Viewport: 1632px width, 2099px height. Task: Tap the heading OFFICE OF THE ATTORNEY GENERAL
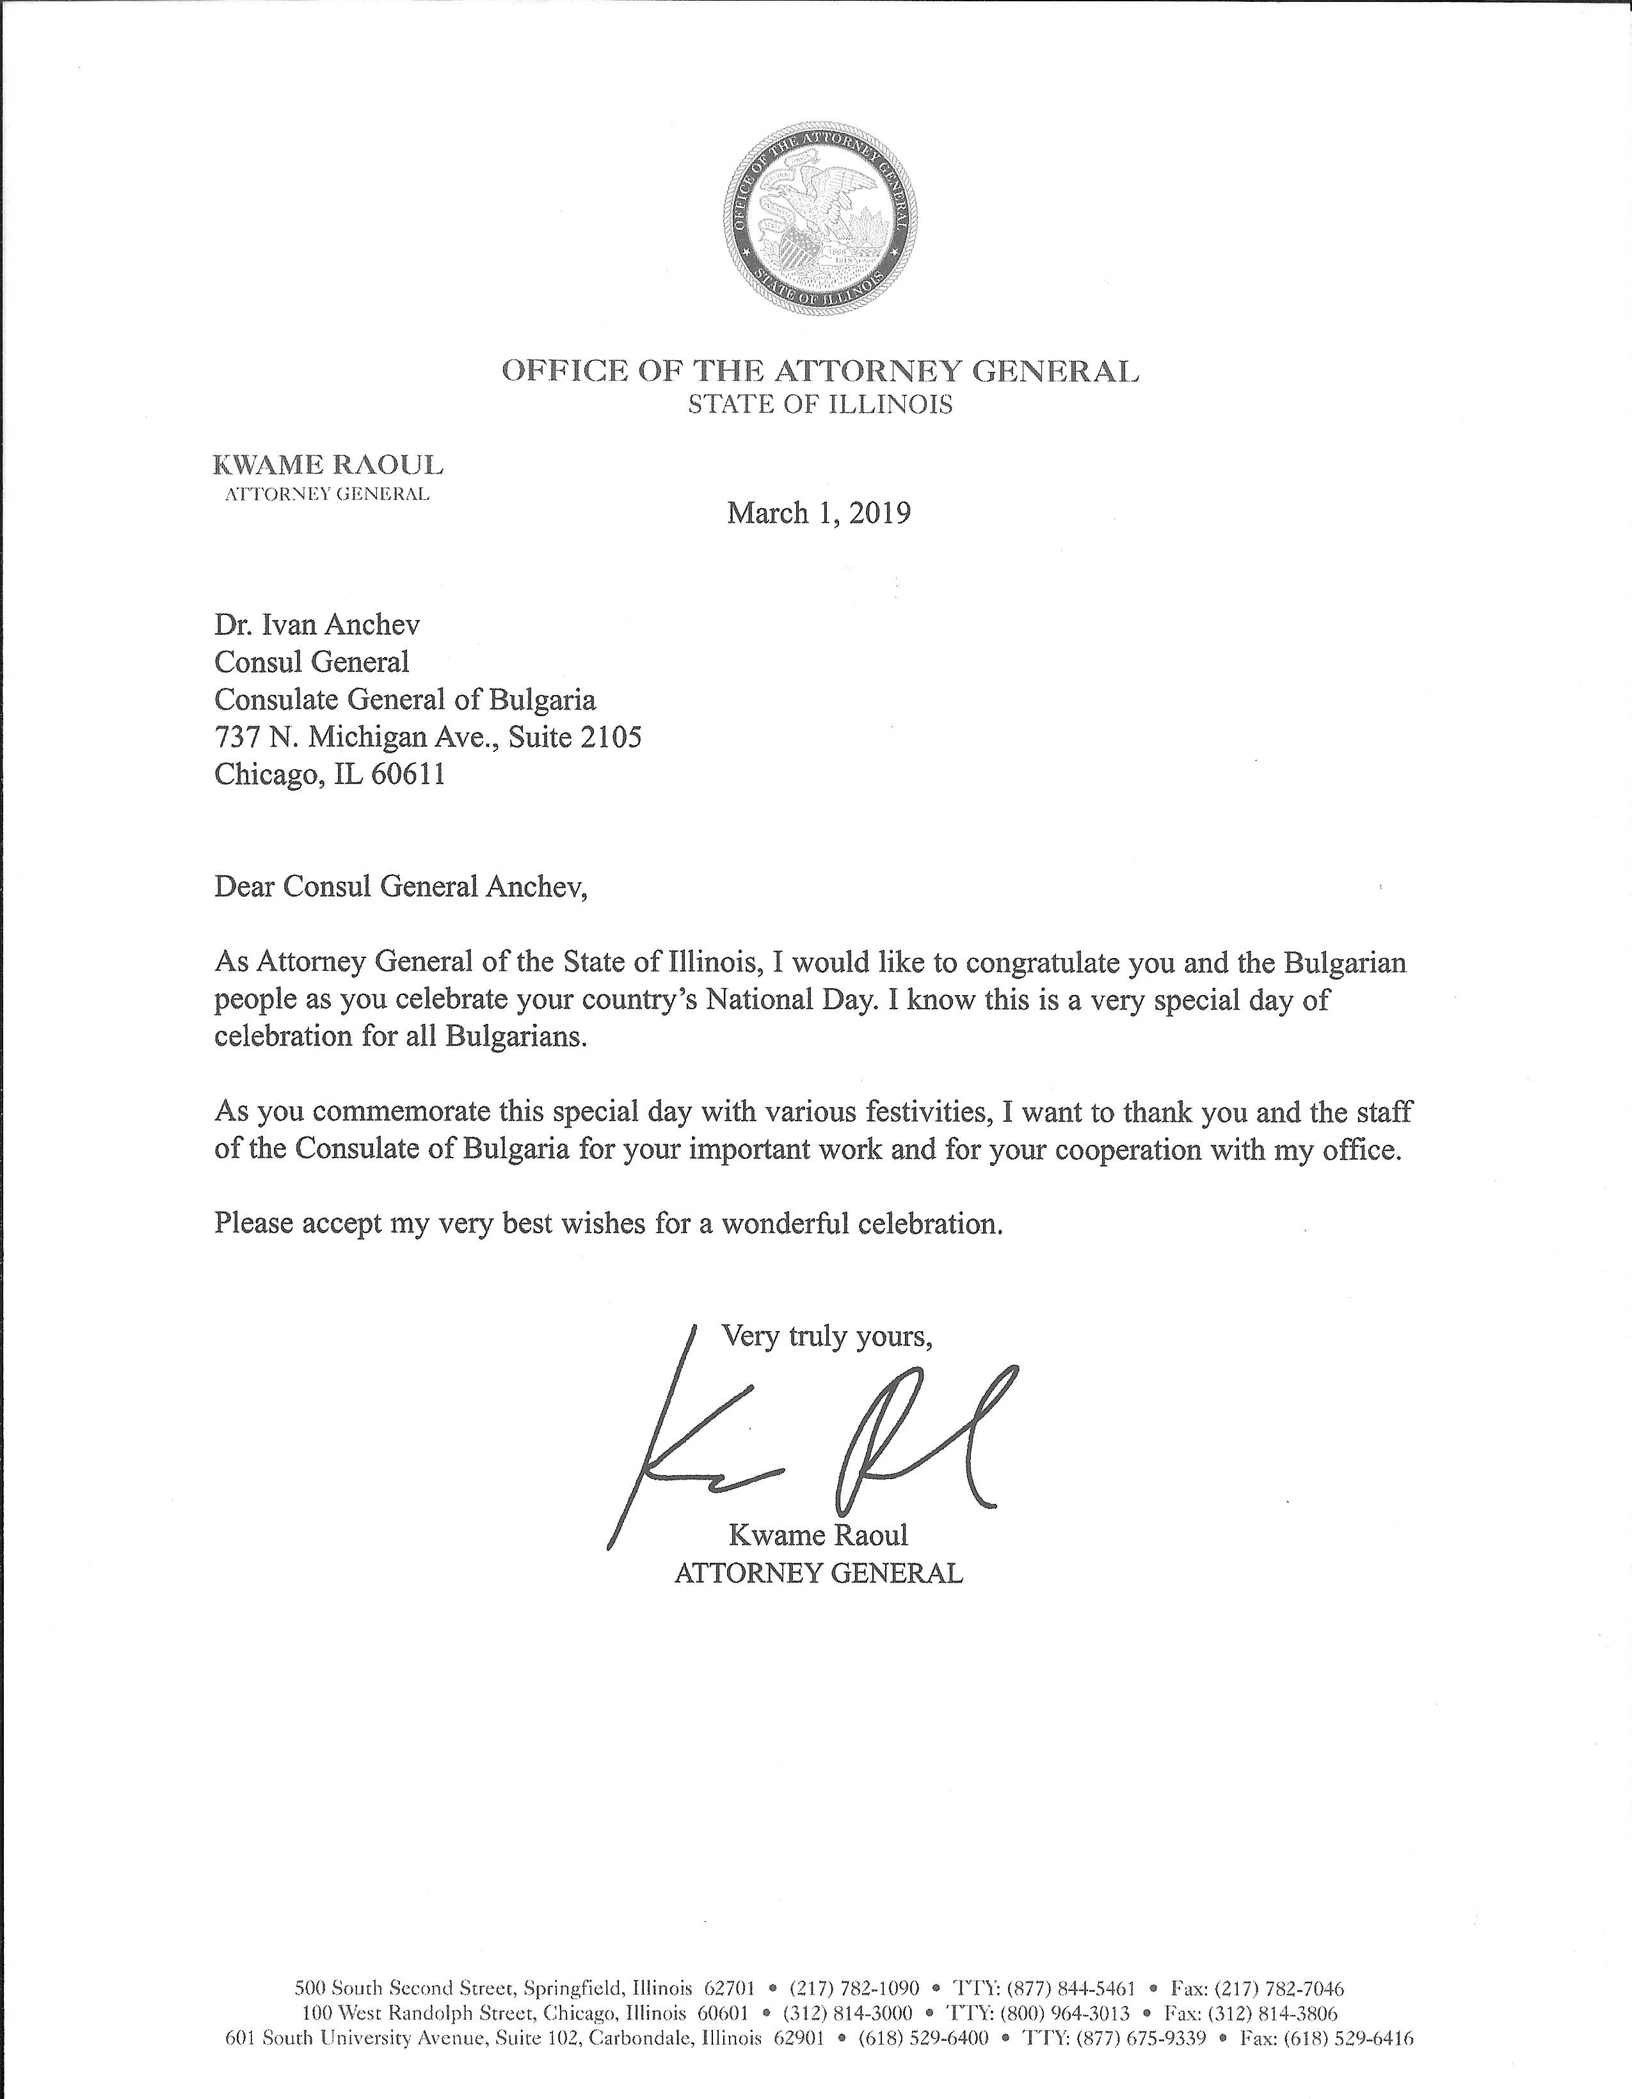820,371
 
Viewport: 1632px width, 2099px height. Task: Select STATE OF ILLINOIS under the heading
820,404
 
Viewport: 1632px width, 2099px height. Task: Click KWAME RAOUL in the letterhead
327,466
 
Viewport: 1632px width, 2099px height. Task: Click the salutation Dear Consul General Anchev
400,886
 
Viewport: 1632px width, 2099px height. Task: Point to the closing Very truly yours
827,1337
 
